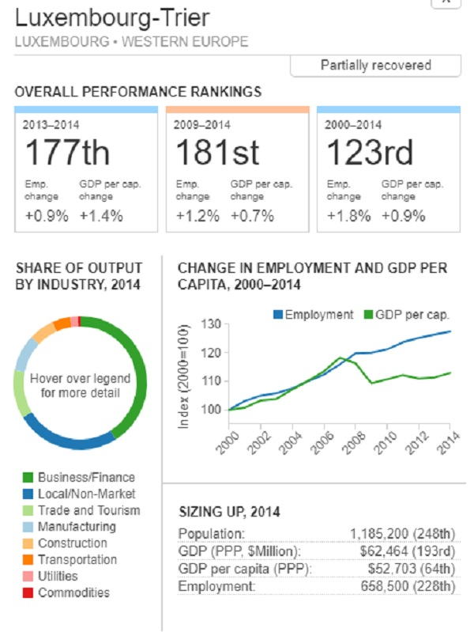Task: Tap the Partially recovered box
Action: click(375, 66)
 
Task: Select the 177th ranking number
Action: click(67, 153)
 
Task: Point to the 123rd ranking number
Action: click(369, 153)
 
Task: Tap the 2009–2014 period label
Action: click(201, 125)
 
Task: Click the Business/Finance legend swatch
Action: click(28, 477)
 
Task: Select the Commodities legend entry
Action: click(73, 592)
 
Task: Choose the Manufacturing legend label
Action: click(77, 526)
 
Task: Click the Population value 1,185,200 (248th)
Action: click(401, 533)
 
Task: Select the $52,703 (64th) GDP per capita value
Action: click(410, 569)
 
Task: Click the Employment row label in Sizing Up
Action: click(216, 586)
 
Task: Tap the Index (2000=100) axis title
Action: click(184, 377)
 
